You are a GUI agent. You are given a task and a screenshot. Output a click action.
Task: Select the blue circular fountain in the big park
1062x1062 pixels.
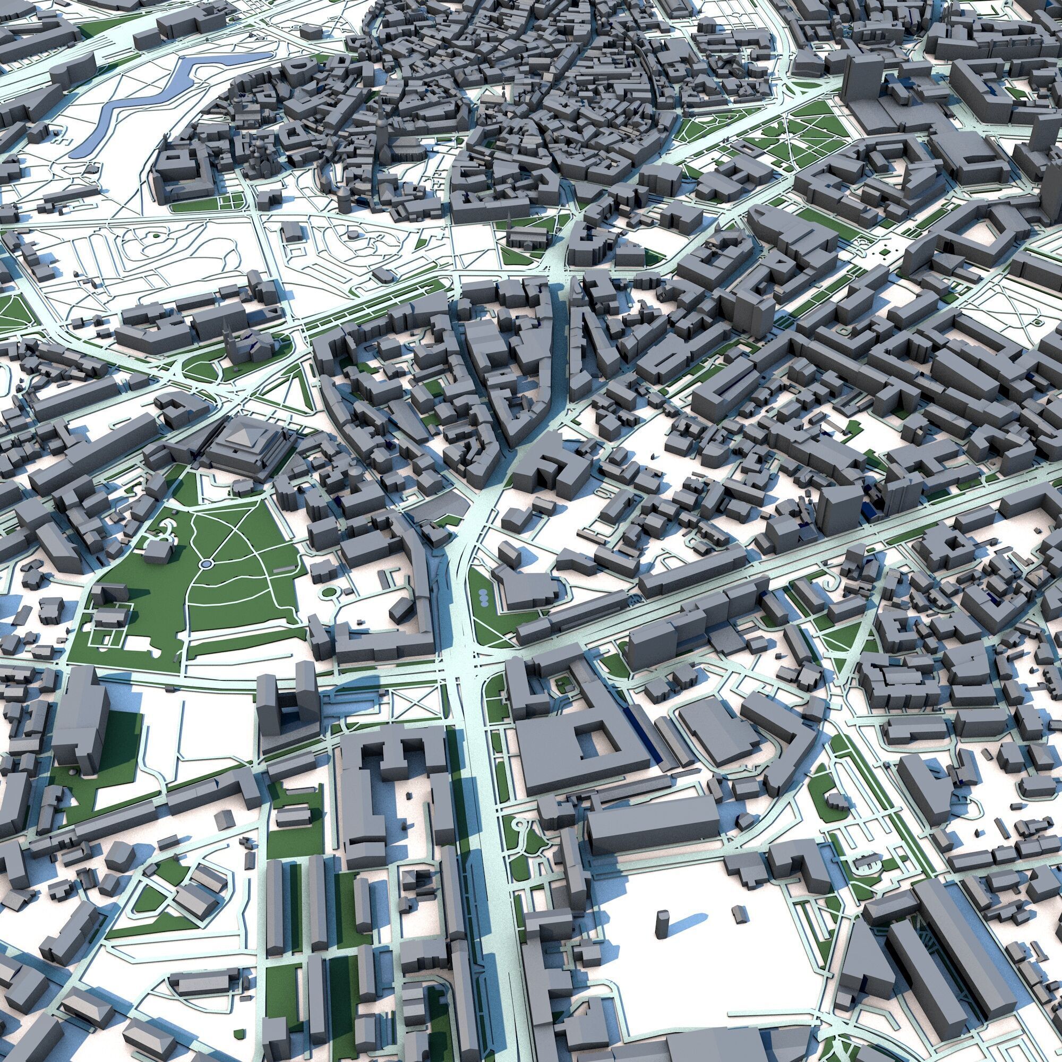(x=205, y=563)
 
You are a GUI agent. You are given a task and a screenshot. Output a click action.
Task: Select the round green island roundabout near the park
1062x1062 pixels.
(x=330, y=592)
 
